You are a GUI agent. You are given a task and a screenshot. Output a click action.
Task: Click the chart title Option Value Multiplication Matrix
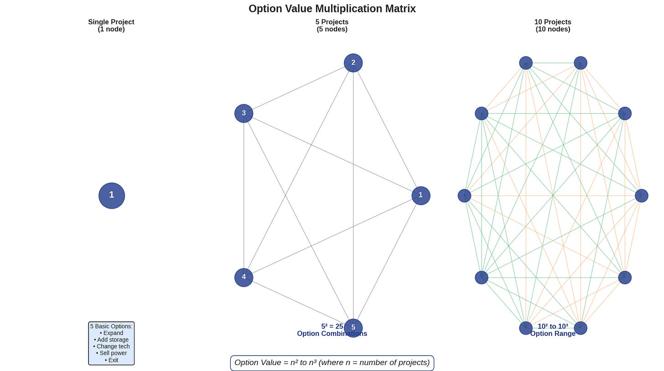click(x=332, y=9)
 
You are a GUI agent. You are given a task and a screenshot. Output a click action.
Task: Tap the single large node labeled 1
click(x=112, y=196)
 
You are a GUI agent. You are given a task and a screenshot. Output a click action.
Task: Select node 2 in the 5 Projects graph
click(x=353, y=63)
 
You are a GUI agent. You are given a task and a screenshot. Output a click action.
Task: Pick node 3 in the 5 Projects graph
click(x=244, y=113)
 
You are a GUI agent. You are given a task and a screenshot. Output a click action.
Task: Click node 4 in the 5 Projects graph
click(x=244, y=277)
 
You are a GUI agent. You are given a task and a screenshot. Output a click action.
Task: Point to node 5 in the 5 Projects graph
click(x=353, y=328)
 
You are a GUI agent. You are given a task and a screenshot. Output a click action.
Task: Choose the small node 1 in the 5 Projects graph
click(x=420, y=196)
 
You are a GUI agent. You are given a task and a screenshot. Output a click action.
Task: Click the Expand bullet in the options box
click(x=112, y=333)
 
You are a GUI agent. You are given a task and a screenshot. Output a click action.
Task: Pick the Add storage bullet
click(x=112, y=340)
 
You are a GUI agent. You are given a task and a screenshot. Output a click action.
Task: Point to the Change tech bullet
click(x=112, y=346)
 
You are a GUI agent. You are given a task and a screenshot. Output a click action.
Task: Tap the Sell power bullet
click(x=112, y=353)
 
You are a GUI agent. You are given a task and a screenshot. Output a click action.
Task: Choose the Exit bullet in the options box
click(x=112, y=360)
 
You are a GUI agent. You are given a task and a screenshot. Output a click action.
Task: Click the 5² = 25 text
click(x=332, y=326)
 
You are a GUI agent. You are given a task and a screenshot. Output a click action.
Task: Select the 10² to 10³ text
click(x=553, y=326)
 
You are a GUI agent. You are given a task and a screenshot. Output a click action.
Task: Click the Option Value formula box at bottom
click(x=332, y=363)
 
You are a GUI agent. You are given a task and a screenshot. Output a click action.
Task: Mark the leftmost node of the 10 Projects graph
click(x=464, y=196)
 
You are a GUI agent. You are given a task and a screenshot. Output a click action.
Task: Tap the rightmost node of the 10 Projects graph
click(x=641, y=196)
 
